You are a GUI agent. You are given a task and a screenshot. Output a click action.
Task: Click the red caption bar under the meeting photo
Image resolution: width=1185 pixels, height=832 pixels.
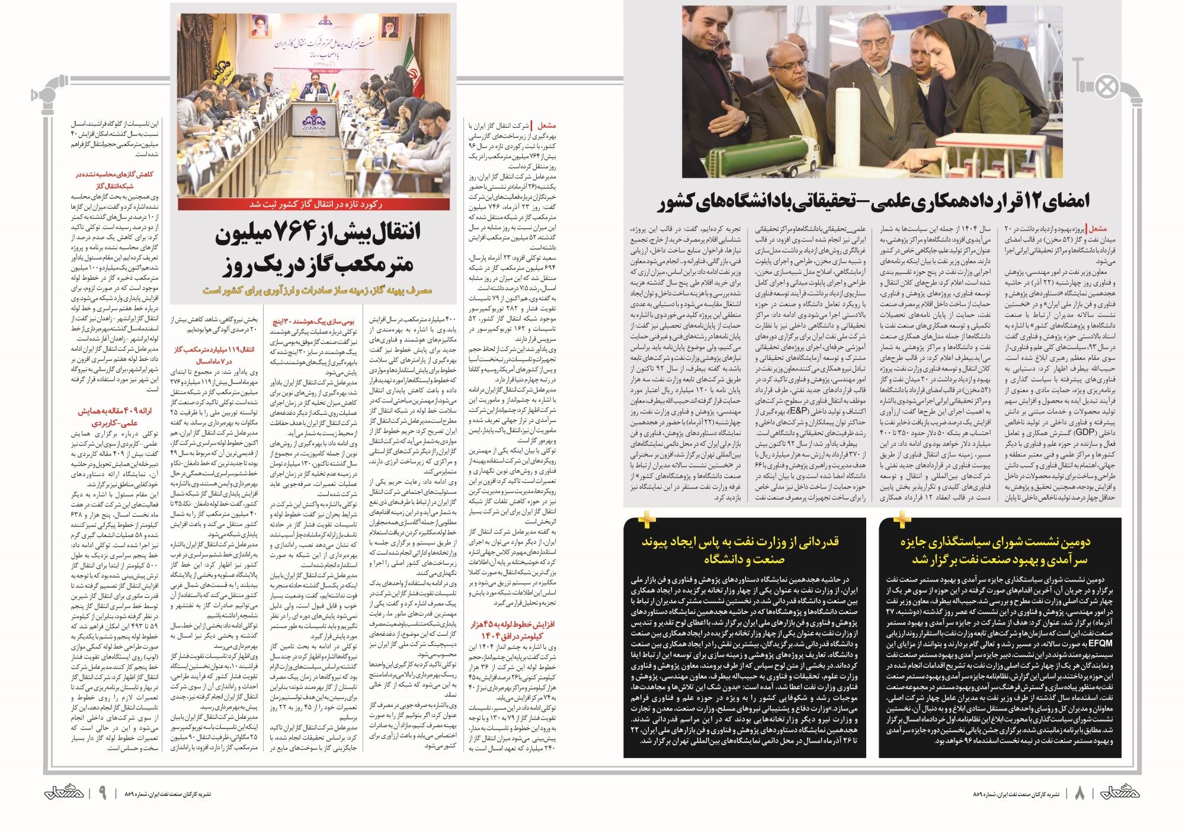point(313,204)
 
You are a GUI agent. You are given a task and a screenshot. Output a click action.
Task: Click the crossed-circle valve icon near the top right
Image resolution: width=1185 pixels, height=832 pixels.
point(1106,87)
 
